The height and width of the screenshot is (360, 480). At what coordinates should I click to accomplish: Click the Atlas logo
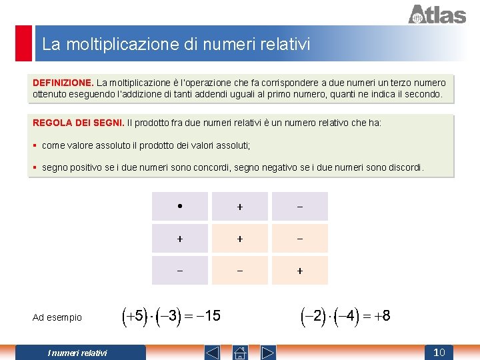click(x=437, y=14)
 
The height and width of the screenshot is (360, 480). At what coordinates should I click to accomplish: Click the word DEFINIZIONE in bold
click(x=63, y=83)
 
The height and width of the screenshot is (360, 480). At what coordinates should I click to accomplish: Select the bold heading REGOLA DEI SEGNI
click(x=78, y=123)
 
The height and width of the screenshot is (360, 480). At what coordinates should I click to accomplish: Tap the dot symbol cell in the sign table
click(x=180, y=206)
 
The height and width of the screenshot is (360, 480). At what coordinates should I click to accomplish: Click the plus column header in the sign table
click(x=240, y=207)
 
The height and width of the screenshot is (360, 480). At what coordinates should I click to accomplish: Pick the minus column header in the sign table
click(x=299, y=207)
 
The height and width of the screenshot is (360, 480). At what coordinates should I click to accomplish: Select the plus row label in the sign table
click(x=180, y=238)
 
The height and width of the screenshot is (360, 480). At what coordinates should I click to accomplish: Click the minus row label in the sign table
click(x=180, y=270)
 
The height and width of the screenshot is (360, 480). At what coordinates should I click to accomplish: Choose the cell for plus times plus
click(x=240, y=238)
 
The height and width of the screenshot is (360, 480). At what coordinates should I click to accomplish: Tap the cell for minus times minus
click(x=299, y=270)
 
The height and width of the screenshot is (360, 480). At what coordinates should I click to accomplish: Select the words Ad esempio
click(x=57, y=317)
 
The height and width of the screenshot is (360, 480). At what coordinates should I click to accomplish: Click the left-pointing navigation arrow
click(x=212, y=352)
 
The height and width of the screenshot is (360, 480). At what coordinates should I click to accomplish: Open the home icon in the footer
click(x=240, y=352)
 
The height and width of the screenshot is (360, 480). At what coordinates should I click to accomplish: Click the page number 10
click(x=439, y=352)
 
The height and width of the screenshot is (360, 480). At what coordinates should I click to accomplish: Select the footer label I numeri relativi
click(x=77, y=353)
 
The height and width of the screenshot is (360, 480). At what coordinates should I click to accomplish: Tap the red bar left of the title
click(x=24, y=43)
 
